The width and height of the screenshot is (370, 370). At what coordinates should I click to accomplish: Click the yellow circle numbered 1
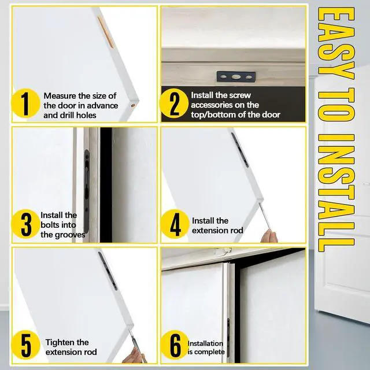click(25, 103)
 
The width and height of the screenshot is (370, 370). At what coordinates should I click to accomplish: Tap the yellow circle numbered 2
click(174, 103)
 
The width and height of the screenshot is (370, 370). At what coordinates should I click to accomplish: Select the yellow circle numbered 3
click(25, 224)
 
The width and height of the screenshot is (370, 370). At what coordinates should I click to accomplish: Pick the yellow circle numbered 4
click(175, 224)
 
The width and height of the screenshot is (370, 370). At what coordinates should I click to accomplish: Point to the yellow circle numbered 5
click(25, 345)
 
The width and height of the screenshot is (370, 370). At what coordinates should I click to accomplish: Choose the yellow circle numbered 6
click(175, 345)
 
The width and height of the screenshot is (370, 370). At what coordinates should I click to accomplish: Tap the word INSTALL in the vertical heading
click(336, 193)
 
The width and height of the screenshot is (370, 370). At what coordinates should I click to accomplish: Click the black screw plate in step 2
click(236, 77)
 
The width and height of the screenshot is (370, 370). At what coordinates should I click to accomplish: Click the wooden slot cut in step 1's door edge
click(106, 32)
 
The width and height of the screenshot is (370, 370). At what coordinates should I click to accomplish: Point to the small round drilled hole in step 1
click(133, 105)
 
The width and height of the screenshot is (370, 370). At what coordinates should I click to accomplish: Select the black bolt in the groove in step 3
click(87, 191)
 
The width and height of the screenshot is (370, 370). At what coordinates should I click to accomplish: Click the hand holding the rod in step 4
click(269, 236)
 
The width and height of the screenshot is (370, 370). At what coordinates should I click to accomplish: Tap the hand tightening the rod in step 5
click(134, 356)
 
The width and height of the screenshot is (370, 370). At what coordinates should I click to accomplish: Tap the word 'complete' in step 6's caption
click(209, 352)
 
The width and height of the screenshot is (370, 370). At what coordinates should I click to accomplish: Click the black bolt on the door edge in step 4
click(240, 150)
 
